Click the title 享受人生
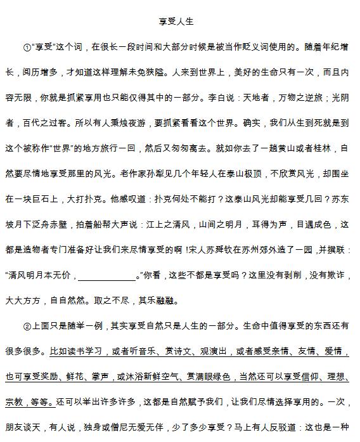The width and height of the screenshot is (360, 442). [x=179, y=22]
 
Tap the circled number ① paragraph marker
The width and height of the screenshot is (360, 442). [x=27, y=47]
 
